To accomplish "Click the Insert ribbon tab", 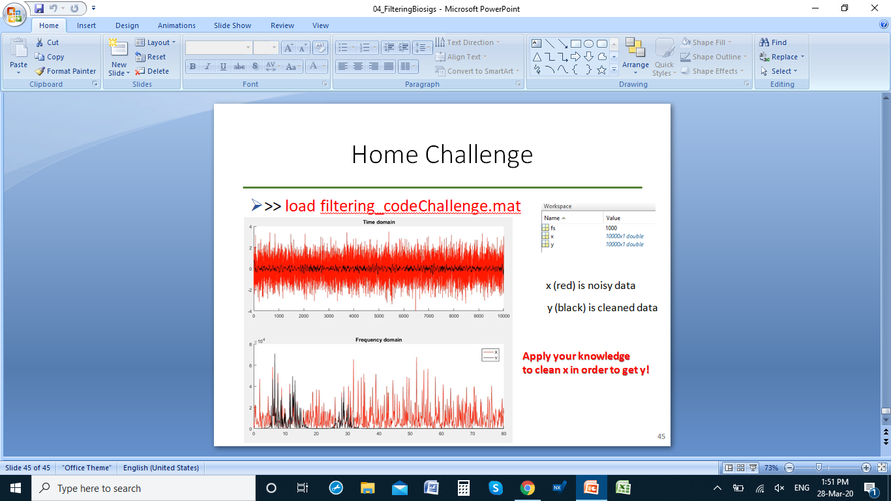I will pyautogui.click(x=86, y=25).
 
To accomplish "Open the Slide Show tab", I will pyautogui.click(x=232, y=25).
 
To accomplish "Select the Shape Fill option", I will pyautogui.click(x=708, y=42).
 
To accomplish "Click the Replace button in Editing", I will pyautogui.click(x=783, y=57).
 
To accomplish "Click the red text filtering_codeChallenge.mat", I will pyautogui.click(x=421, y=206).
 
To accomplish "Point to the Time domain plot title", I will pyautogui.click(x=378, y=222).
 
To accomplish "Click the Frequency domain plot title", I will pyautogui.click(x=378, y=340).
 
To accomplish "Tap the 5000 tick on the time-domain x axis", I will pyautogui.click(x=379, y=316).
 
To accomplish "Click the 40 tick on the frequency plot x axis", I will pyautogui.click(x=378, y=434).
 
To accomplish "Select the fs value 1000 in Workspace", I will pyautogui.click(x=611, y=228).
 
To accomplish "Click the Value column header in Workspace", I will pyautogui.click(x=613, y=218).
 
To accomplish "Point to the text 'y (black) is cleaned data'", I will pyautogui.click(x=602, y=308).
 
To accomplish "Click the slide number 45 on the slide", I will pyautogui.click(x=661, y=436).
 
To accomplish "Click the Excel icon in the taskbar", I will pyautogui.click(x=623, y=488).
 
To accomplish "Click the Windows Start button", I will pyautogui.click(x=15, y=488).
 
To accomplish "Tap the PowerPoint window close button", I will pyautogui.click(x=875, y=8).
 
